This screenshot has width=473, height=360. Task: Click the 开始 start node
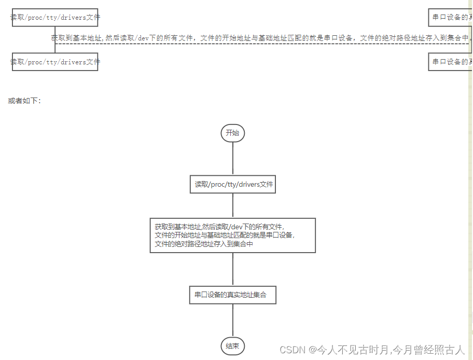(232, 133)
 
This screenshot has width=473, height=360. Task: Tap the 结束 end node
(232, 347)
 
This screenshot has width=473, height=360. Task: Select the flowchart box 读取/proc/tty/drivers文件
(233, 184)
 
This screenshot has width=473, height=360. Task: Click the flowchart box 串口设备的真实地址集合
(232, 295)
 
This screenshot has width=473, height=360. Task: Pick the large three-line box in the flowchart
(232, 235)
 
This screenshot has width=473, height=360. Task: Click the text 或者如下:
(24, 101)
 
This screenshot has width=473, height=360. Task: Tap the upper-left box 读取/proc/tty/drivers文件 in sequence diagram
(55, 18)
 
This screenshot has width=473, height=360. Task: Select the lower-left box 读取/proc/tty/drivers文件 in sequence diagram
(55, 62)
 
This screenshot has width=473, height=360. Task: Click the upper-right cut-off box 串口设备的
(450, 18)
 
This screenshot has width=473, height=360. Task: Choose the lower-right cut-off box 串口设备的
(450, 62)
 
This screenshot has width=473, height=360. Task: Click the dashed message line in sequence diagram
(259, 44)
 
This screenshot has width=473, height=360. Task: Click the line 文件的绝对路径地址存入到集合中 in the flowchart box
(204, 243)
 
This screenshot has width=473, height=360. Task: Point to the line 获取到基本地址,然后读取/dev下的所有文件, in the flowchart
(220, 227)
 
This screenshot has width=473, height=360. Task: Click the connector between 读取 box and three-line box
(233, 205)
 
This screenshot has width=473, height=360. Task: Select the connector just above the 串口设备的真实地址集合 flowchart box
(233, 269)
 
